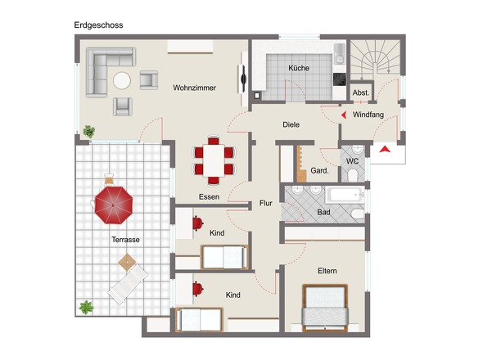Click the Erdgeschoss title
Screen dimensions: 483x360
[x=98, y=25]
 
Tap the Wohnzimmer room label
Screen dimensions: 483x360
[x=194, y=88]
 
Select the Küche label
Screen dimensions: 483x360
[x=299, y=68]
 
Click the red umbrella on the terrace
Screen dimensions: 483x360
[x=114, y=205]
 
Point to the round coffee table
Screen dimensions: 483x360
[x=122, y=81]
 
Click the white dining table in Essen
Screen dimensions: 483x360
[x=214, y=160]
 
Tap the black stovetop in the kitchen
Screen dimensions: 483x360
[x=340, y=79]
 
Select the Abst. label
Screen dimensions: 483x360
[x=361, y=92]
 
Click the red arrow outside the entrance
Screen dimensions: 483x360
[x=385, y=150]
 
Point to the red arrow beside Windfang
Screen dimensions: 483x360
[x=344, y=115]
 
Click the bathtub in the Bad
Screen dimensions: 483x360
[x=345, y=195]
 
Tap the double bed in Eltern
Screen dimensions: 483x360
[x=325, y=308]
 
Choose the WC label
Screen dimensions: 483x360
[x=352, y=161]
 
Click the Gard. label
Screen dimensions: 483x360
[x=319, y=171]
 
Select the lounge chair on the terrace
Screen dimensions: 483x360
[x=128, y=284]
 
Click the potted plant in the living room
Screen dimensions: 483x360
[x=89, y=132]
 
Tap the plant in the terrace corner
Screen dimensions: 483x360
[x=86, y=307]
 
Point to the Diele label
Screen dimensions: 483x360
[x=291, y=124]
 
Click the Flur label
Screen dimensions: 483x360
[x=266, y=203]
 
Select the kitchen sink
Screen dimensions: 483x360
[x=340, y=54]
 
